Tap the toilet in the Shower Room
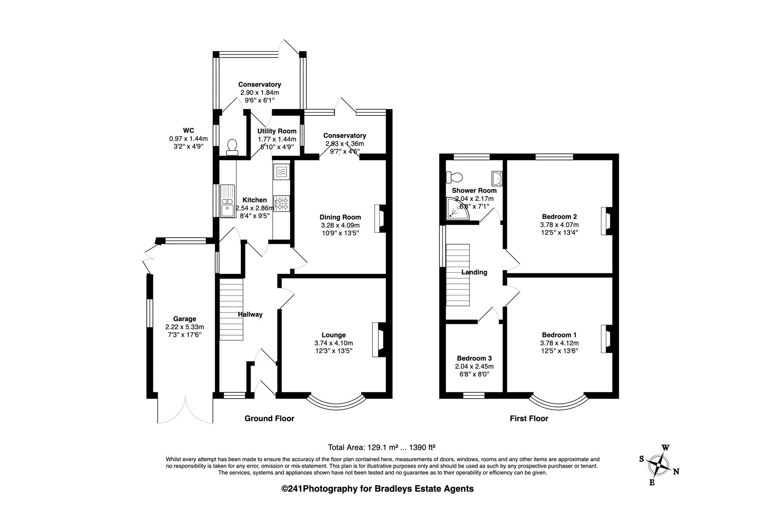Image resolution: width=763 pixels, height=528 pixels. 454,176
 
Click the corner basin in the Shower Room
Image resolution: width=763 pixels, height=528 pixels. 497,178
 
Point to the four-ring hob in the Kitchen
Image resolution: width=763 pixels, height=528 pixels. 282,203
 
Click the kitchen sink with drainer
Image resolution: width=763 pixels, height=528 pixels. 228,201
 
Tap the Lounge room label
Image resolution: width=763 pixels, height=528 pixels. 333,335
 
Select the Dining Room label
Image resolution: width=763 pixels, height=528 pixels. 340,217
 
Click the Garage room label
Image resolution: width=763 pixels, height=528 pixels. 184,319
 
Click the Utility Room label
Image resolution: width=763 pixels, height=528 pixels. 277,131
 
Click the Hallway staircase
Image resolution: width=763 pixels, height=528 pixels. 231,309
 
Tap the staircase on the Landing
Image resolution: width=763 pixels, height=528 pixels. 458,275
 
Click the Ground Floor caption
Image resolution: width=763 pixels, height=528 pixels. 269,418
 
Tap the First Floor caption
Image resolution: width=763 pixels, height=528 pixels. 529,418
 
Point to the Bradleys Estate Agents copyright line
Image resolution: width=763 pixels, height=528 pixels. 378,489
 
